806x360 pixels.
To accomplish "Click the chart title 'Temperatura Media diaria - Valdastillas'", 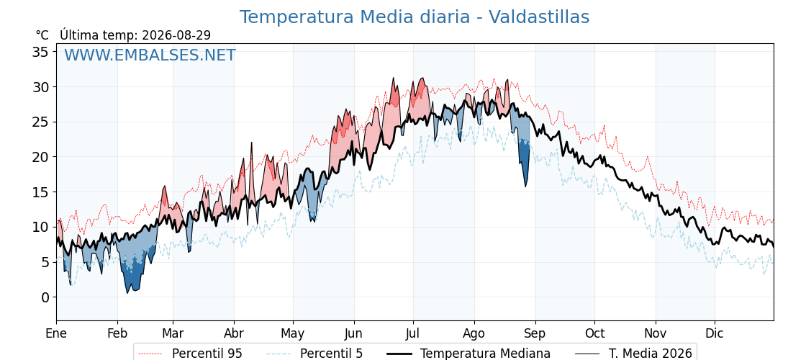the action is tap(415, 17).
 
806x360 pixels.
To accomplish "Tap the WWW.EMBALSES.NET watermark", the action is tap(150, 55).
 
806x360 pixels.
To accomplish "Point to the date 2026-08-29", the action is tap(176, 35).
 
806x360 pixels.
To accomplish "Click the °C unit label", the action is tap(42, 35).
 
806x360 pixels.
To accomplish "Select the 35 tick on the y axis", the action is tap(41, 52).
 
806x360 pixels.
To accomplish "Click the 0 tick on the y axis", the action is tap(45, 297).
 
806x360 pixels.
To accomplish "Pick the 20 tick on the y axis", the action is tap(41, 157).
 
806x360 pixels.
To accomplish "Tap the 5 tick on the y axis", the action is tap(45, 262).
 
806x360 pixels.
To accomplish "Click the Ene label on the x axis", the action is tap(56, 333).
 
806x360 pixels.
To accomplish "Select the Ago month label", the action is tap(474, 333).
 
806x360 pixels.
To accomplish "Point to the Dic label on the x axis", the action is tap(714, 333).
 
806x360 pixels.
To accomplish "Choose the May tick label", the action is tap(293, 333).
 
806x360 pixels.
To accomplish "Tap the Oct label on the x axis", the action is tap(594, 333).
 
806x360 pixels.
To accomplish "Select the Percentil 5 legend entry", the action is tap(314, 354).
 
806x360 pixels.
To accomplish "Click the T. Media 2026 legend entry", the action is tap(633, 354).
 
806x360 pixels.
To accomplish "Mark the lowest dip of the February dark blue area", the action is tap(127, 292).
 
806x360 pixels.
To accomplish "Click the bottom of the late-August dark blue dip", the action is tap(525, 186).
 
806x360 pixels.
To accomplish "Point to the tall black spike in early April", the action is tap(252, 143).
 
